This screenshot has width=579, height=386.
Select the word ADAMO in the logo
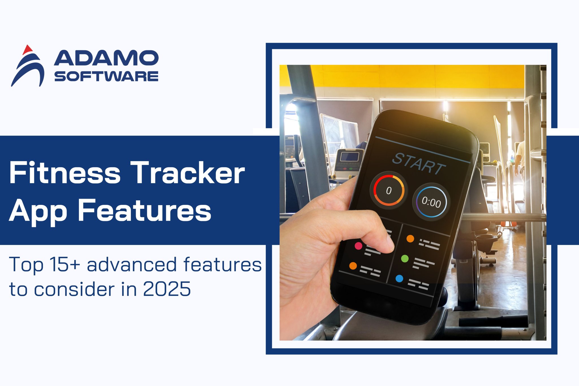coord(106,58)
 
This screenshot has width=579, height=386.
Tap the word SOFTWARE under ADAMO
coord(106,77)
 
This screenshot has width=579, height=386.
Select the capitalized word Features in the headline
coord(144,211)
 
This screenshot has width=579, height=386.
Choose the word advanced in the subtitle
coord(131,265)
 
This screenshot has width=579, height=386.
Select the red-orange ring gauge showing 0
coord(389,190)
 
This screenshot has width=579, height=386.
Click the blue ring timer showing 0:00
coord(431,201)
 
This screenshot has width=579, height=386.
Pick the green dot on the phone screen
coord(405,258)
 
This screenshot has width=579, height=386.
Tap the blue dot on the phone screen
coord(399,279)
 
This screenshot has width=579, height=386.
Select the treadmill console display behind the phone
coord(349,156)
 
